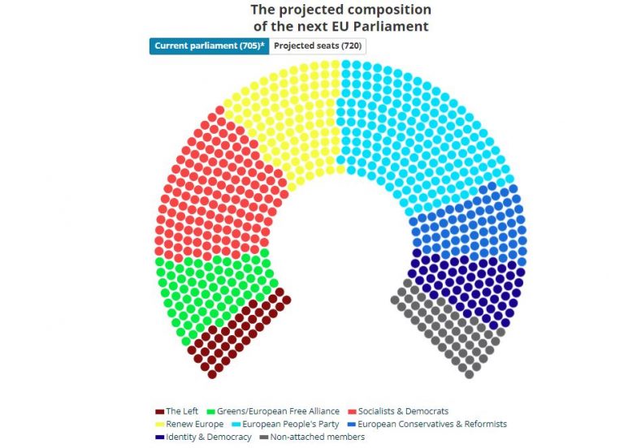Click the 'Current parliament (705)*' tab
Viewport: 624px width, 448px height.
tap(209, 46)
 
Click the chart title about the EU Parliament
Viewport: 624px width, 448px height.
tap(340, 18)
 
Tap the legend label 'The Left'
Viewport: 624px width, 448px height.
tap(182, 411)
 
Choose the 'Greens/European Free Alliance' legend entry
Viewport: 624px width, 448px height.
tap(278, 411)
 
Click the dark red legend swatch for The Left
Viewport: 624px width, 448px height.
tap(159, 411)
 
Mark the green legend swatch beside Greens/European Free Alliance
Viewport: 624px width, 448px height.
tap(211, 411)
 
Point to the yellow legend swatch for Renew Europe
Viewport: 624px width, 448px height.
tap(159, 424)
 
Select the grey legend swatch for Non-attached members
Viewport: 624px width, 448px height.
tap(264, 437)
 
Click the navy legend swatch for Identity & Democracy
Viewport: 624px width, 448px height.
tap(159, 437)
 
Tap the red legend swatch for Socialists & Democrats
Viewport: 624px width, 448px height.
tap(351, 411)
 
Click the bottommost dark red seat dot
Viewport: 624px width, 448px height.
tap(212, 374)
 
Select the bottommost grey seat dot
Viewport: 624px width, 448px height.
tap(468, 374)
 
